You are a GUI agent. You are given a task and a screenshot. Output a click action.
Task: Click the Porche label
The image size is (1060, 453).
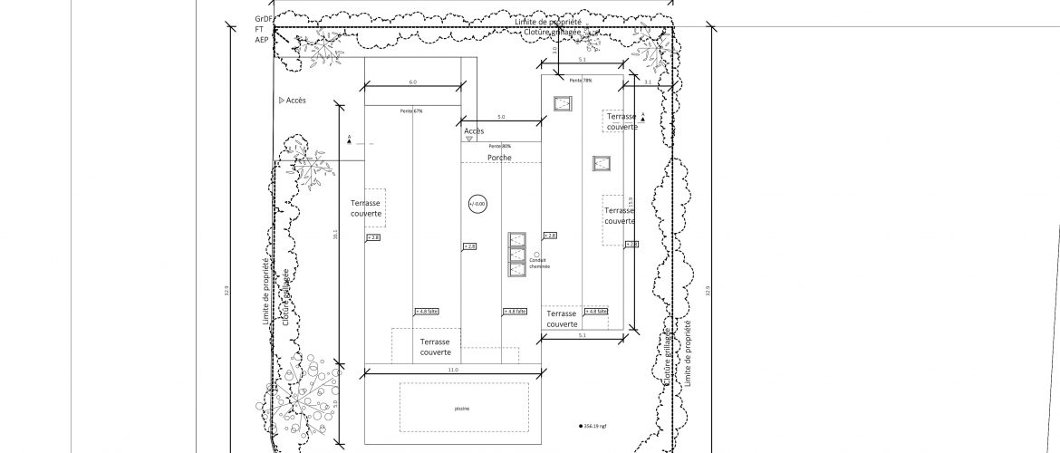click(x=499, y=158)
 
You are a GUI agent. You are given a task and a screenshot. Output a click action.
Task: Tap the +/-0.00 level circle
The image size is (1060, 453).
click(x=477, y=204)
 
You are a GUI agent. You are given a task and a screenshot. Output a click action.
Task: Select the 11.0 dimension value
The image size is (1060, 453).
click(x=453, y=371)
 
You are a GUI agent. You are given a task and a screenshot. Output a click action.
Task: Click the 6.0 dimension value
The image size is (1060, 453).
click(x=412, y=82)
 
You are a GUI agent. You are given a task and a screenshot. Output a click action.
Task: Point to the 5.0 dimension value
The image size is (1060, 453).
click(x=501, y=118)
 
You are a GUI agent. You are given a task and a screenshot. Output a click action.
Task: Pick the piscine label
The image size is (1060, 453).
click(x=462, y=409)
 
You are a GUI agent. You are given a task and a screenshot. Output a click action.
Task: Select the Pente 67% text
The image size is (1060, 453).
click(x=411, y=111)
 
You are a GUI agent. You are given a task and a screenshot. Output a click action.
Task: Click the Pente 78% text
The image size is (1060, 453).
click(x=581, y=81)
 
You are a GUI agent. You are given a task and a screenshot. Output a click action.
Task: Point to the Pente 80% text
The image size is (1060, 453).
click(x=499, y=146)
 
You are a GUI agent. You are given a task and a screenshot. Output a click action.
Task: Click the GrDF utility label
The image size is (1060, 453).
click(x=264, y=18)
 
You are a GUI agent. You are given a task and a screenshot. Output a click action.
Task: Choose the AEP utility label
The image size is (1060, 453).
click(x=262, y=40)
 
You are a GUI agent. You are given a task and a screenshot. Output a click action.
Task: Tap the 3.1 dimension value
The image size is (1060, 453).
click(x=647, y=82)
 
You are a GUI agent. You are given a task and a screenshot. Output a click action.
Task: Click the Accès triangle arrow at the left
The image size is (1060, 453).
click(x=282, y=101)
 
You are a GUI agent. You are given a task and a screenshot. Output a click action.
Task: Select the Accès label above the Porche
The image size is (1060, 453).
click(x=474, y=131)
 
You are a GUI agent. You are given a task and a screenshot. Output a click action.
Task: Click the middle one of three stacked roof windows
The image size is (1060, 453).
click(x=517, y=255)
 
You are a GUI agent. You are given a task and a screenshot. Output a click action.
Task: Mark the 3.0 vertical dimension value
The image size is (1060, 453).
click(x=555, y=51)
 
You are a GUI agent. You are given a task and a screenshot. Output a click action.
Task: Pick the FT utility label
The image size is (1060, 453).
click(x=259, y=29)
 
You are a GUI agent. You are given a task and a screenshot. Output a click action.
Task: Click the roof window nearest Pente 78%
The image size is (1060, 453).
click(x=562, y=103)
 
